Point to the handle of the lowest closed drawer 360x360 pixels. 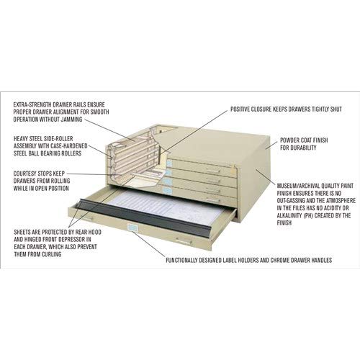point(211,199)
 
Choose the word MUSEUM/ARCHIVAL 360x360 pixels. point(297,186)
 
